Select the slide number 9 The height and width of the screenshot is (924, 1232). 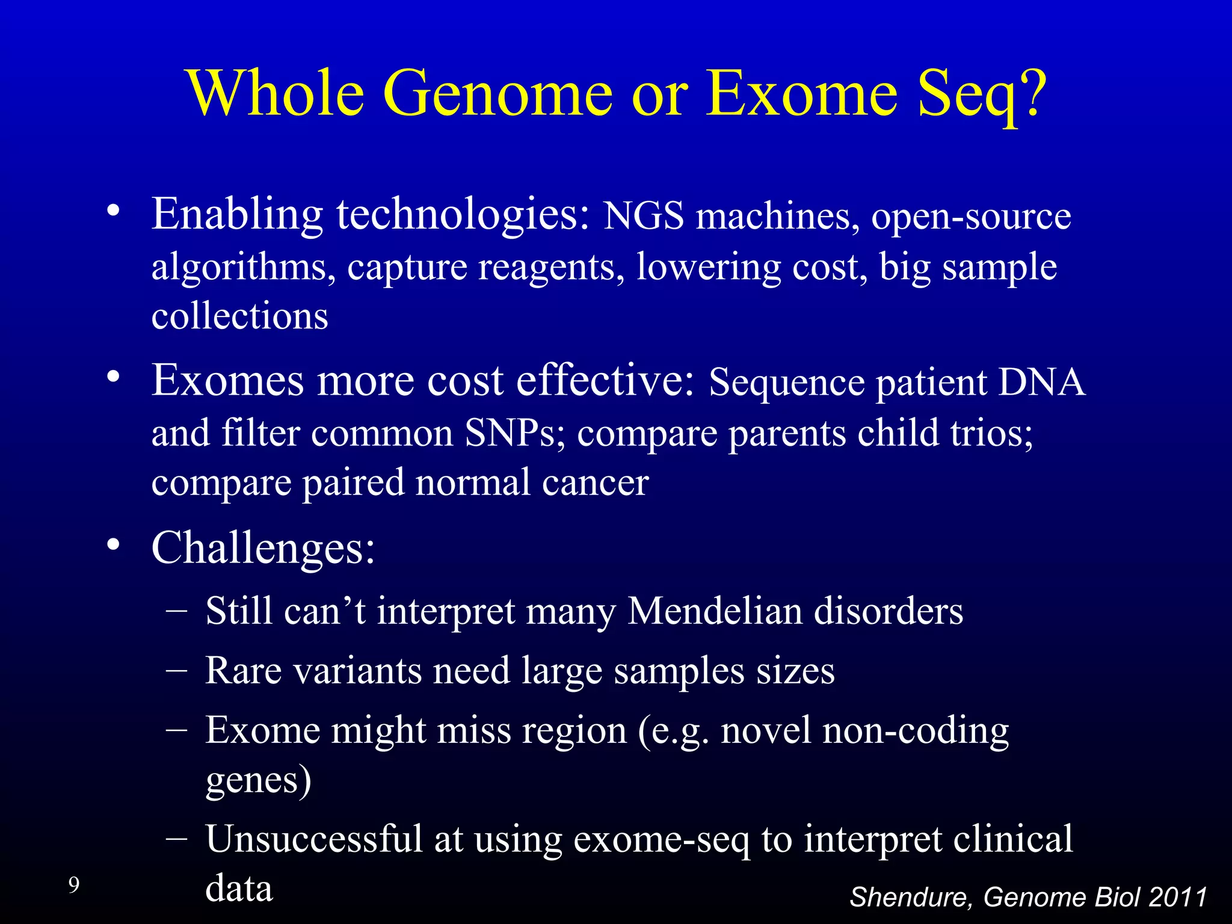(73, 885)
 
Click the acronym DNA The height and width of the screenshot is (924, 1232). (1041, 383)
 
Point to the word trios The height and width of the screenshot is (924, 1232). (991, 433)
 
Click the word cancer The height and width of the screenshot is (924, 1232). (595, 483)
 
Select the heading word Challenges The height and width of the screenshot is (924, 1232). (263, 548)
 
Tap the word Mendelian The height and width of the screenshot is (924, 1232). (715, 612)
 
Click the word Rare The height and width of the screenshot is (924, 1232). (243, 671)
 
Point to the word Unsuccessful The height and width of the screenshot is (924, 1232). (313, 839)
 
